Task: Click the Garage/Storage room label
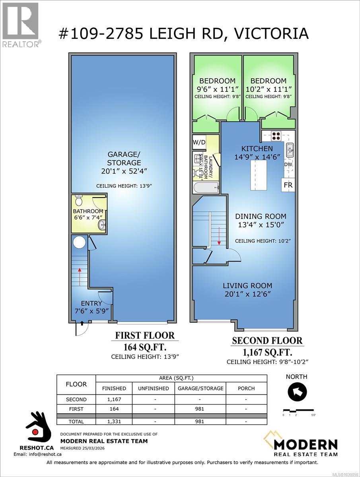pyautogui.click(x=123, y=158)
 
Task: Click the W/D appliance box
pyautogui.click(x=199, y=142)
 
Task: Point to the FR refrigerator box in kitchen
pyautogui.click(x=288, y=185)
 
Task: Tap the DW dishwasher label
pyautogui.click(x=288, y=164)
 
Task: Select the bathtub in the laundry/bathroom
pyautogui.click(x=206, y=187)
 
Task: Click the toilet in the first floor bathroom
pyautogui.click(x=78, y=201)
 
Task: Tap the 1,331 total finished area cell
pyautogui.click(x=114, y=421)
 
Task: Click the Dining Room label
pyautogui.click(x=260, y=217)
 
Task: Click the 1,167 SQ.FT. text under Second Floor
pyautogui.click(x=267, y=352)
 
